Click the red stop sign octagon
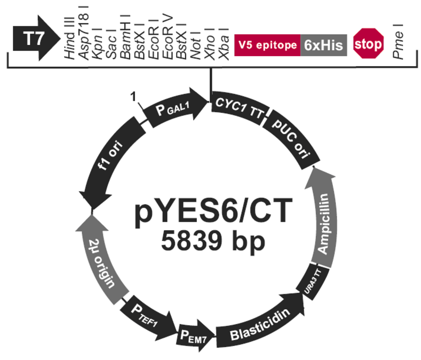[x=369, y=43]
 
